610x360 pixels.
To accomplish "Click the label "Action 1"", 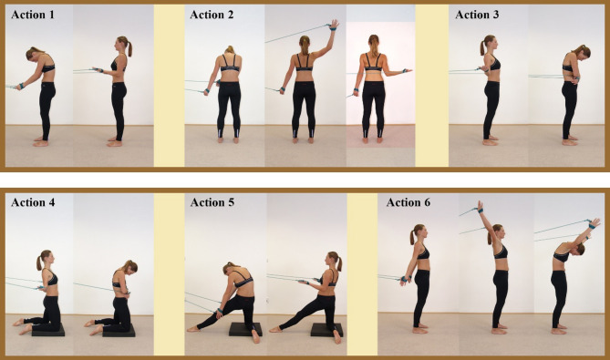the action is (x=33, y=15).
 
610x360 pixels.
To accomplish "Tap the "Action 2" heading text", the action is (x=212, y=15).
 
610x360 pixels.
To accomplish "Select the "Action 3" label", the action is (x=477, y=15).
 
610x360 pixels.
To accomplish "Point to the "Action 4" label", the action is (x=33, y=202).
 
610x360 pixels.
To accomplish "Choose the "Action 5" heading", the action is (x=212, y=202).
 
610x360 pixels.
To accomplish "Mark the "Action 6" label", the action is (x=408, y=202).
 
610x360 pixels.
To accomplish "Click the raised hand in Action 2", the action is (x=334, y=25).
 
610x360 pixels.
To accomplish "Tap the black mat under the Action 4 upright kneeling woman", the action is (x=48, y=331).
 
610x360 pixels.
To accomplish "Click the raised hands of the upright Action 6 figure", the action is (x=481, y=207).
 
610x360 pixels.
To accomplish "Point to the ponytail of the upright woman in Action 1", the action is (x=129, y=47).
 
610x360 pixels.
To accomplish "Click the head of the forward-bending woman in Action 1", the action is (x=34, y=53).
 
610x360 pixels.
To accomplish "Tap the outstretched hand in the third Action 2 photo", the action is (x=408, y=71).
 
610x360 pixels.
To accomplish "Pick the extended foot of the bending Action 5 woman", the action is (x=192, y=329).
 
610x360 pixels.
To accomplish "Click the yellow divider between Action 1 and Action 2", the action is (x=170, y=86).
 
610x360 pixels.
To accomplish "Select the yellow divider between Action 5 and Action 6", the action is (x=362, y=274).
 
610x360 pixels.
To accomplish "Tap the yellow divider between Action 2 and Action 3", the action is (x=432, y=86).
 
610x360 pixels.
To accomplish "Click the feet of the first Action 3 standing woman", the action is (x=491, y=140).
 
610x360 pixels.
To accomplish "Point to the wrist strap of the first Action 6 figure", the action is (x=404, y=279).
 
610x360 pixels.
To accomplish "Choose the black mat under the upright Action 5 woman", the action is (x=326, y=330).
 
